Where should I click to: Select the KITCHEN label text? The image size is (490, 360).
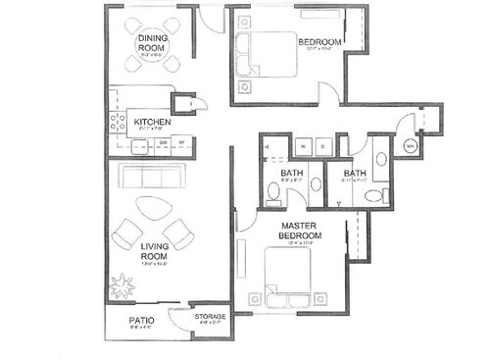tap(153, 122)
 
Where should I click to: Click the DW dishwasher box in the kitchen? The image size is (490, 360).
tap(164, 142)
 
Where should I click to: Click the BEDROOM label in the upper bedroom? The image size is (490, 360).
tap(319, 41)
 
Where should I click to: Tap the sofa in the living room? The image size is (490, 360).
tap(152, 178)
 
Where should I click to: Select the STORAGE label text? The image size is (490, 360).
tap(210, 317)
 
